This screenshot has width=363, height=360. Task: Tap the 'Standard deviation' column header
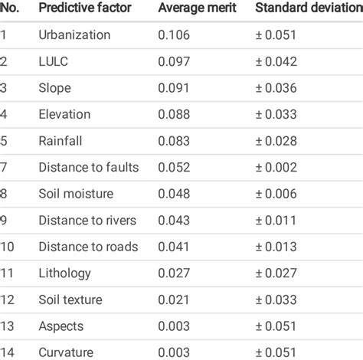309,8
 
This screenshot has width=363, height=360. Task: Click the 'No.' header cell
10,8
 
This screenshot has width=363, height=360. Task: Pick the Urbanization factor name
74,35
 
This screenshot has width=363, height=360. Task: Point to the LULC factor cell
53,61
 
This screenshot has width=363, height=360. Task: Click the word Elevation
64,115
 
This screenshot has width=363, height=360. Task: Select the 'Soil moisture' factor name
75,194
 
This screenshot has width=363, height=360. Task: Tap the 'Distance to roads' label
88,247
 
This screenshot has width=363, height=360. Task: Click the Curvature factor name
66,352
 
